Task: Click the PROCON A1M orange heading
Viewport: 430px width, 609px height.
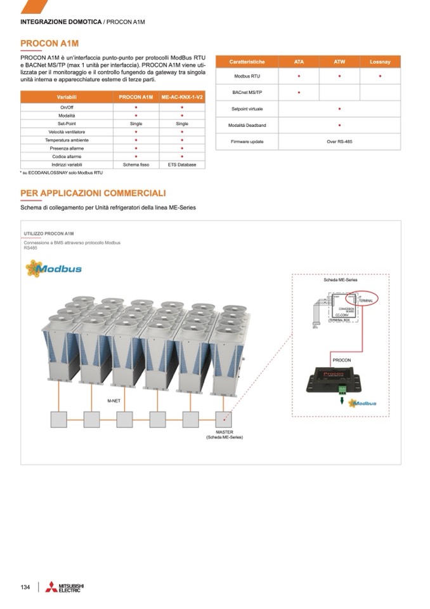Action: coord(49,43)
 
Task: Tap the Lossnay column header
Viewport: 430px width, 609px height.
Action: coord(380,62)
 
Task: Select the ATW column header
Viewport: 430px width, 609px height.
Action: coord(339,62)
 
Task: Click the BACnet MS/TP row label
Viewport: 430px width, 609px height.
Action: coord(247,93)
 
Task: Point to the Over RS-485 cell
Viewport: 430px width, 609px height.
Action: coord(339,142)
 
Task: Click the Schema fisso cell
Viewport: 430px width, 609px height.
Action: coord(136,164)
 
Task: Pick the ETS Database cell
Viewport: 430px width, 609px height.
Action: coord(182,164)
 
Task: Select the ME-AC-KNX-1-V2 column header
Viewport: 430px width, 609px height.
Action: coord(182,97)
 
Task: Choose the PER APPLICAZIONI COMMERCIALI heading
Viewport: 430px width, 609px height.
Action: coord(93,193)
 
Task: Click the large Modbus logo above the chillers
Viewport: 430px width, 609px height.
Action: coord(54,268)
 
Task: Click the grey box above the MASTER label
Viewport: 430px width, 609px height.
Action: coord(223,418)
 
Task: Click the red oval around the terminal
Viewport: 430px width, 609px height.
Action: coord(365,298)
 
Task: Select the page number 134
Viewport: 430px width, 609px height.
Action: coord(25,587)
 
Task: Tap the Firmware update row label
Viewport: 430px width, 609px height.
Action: coord(247,142)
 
